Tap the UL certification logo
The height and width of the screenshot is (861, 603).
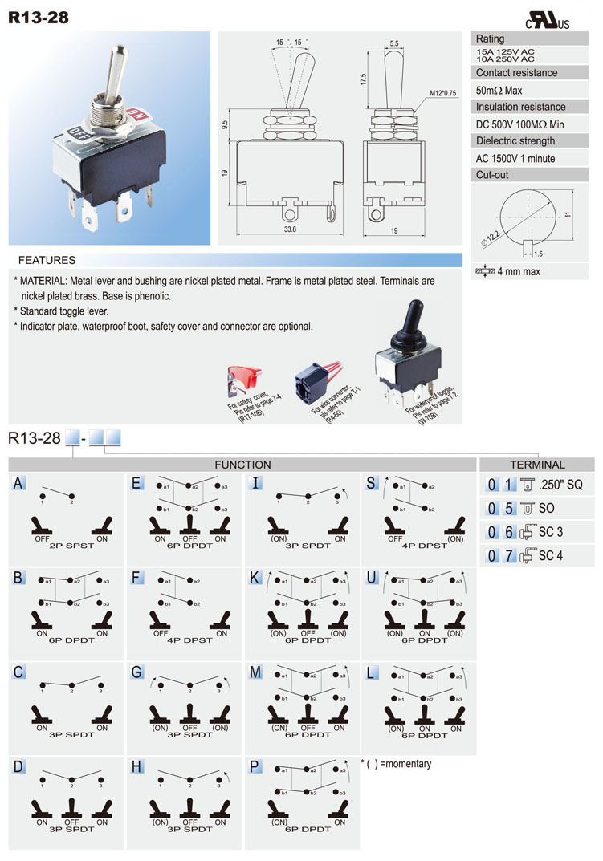tap(547, 22)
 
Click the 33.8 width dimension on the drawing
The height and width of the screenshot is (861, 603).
tap(290, 229)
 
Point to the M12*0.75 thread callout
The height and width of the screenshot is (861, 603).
tap(442, 93)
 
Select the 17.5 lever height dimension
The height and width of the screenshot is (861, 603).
tap(363, 79)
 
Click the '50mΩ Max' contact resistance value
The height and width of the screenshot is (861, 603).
tap(499, 91)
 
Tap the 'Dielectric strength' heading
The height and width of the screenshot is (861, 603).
tap(515, 140)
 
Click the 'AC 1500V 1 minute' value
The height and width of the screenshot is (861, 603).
tap(515, 158)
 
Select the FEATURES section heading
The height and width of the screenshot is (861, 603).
tap(47, 260)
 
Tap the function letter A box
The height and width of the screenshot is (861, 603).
tap(18, 483)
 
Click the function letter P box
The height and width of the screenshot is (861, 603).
tap(255, 766)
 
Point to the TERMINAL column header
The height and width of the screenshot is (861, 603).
tap(537, 465)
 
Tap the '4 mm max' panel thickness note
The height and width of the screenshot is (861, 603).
tap(518, 271)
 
